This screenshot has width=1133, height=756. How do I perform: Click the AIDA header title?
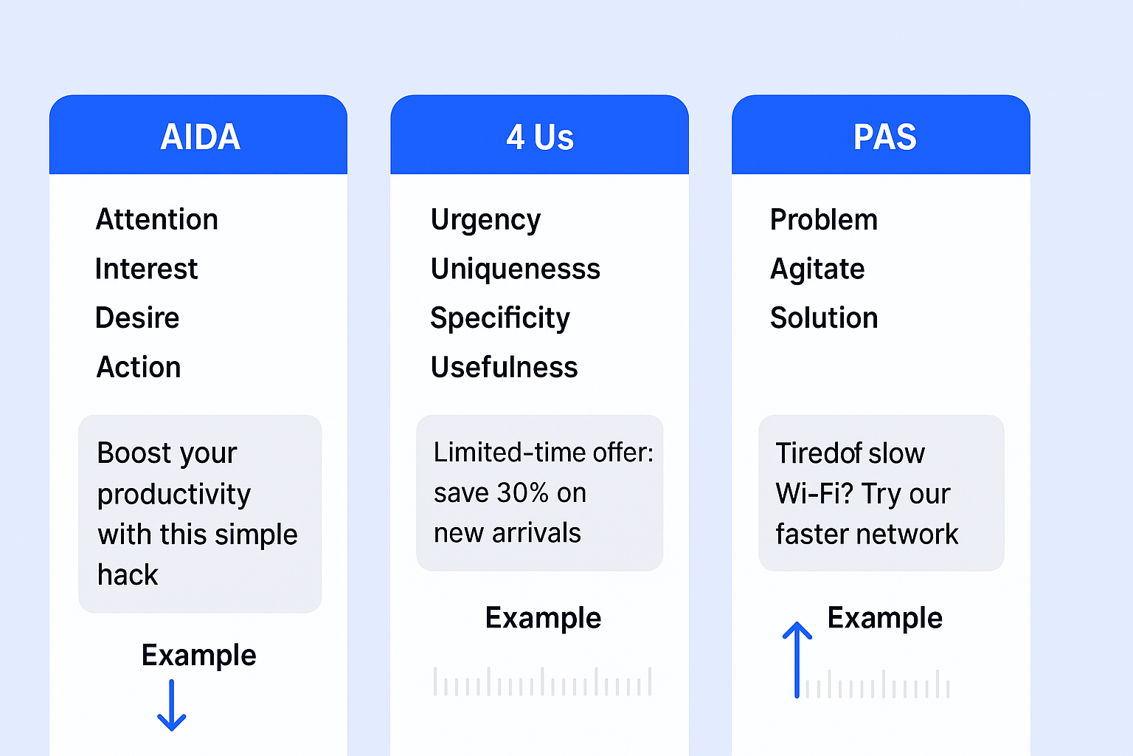point(200,137)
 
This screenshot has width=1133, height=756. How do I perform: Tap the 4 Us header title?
point(540,137)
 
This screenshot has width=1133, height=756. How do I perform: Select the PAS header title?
point(884,137)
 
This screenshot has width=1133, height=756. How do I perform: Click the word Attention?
point(157,219)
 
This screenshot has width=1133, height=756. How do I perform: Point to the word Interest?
point(146,269)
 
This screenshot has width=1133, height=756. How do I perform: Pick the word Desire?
point(137,317)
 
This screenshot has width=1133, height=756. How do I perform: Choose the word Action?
point(139,367)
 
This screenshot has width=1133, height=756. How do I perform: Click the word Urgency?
point(485,221)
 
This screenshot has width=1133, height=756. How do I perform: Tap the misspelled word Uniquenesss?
point(516,269)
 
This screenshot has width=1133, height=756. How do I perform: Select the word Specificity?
point(499,319)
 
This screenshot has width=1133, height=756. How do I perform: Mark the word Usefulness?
point(504,367)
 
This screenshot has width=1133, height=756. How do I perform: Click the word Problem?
point(823,219)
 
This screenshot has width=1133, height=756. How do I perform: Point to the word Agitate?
point(817,269)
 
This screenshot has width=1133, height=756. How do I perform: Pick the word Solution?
point(823,317)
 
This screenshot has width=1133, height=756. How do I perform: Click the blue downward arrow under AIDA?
point(171,705)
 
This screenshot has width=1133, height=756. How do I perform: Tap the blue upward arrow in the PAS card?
point(797,660)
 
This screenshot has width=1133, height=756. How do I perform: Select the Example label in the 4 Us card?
point(543,619)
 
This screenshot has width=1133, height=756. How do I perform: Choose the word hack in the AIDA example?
point(128,574)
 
